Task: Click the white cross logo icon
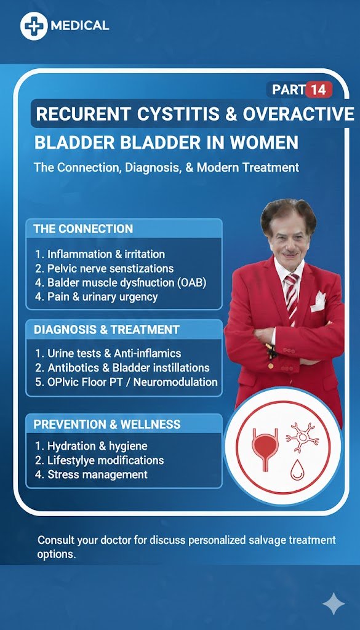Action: [x=33, y=26]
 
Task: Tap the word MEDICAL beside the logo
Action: [x=80, y=26]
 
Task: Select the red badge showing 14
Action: [x=318, y=89]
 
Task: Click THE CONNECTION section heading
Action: [x=83, y=229]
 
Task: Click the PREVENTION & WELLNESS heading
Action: [x=107, y=425]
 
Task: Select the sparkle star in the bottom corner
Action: [x=334, y=604]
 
